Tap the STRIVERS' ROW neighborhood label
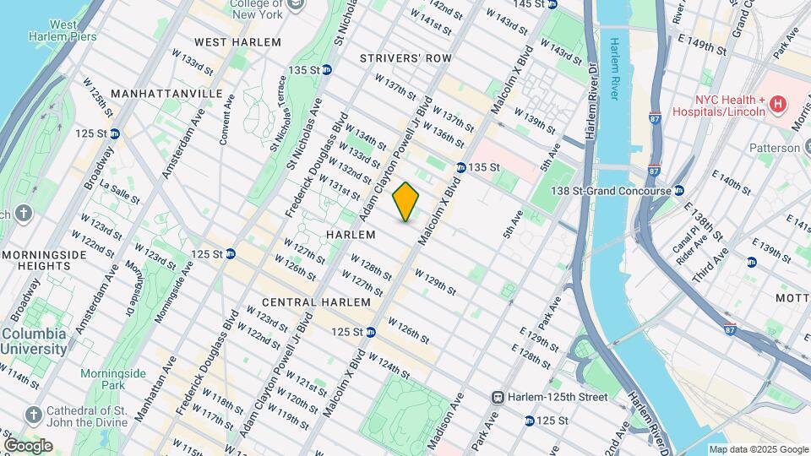[x=405, y=58]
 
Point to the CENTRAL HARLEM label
[x=316, y=302]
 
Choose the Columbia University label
[x=34, y=341]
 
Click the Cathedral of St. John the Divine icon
[x=33, y=415]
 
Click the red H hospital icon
[x=778, y=105]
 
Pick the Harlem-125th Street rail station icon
[x=499, y=397]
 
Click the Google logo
[x=28, y=445]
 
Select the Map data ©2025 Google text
[x=758, y=449]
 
